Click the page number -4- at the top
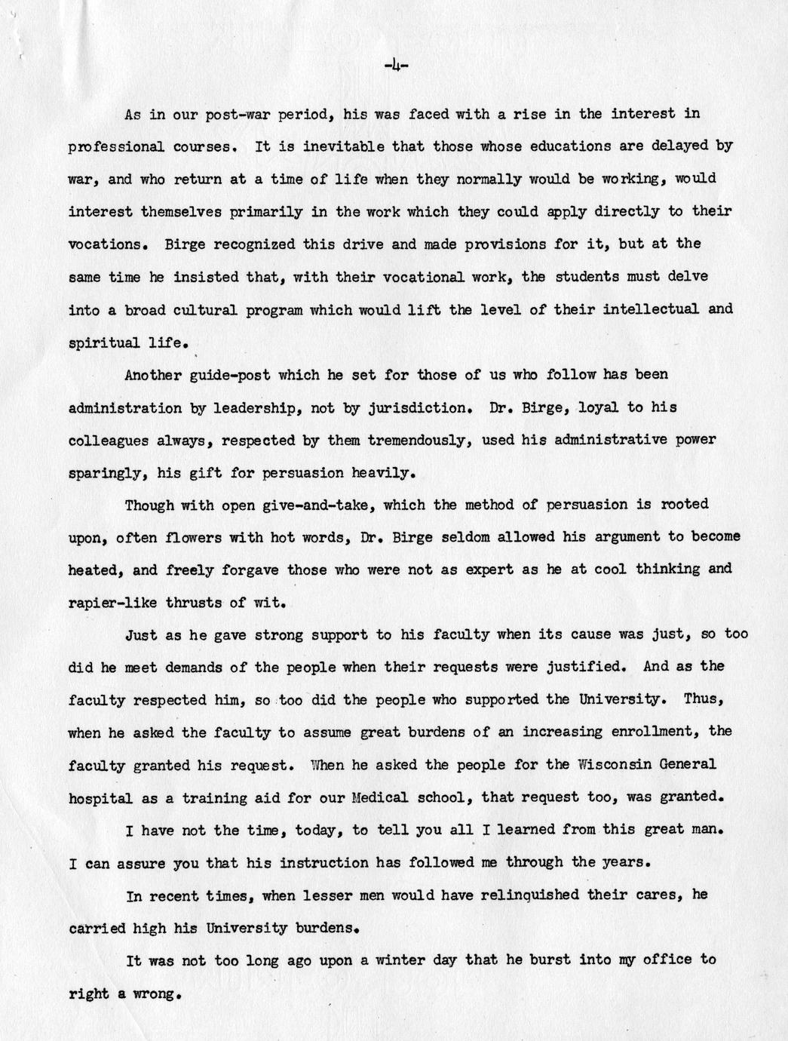point(396,66)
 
